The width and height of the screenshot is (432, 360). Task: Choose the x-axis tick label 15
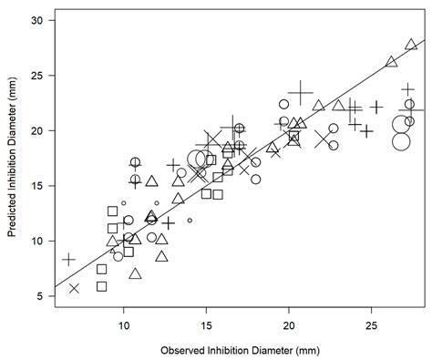point(206,324)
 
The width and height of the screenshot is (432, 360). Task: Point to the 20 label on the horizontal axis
point(289,324)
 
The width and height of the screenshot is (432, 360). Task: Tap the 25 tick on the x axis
point(371,324)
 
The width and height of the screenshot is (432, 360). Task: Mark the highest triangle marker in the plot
point(411,44)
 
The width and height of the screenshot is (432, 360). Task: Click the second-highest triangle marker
point(391,62)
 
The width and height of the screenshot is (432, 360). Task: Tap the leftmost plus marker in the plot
point(68,260)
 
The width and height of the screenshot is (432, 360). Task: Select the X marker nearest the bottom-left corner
point(74,288)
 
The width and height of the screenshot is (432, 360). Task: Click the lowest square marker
point(102,286)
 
